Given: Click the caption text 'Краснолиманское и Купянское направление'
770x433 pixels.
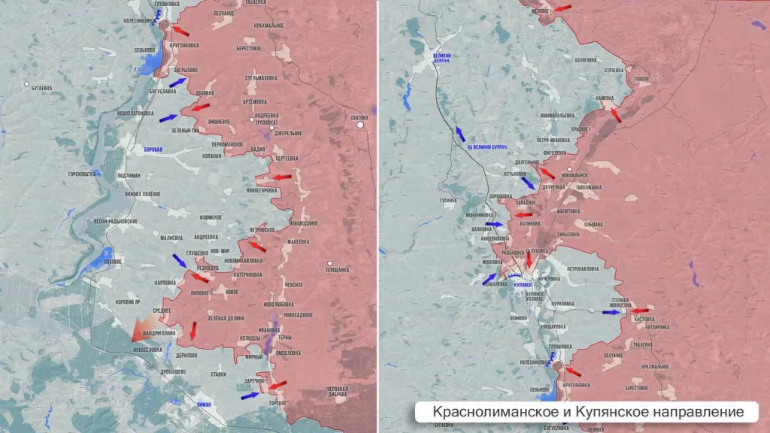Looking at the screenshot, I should (x=588, y=412).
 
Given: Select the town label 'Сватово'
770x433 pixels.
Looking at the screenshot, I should (x=359, y=118).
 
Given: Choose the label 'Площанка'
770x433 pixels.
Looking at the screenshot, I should (x=338, y=269).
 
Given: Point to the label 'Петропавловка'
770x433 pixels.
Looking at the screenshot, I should (x=582, y=268).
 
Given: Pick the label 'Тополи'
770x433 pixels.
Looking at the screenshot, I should (x=641, y=78).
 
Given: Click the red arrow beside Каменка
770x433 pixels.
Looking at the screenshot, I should (x=616, y=114).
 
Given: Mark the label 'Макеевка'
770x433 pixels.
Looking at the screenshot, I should (x=298, y=241).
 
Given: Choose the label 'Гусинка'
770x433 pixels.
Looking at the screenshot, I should (x=448, y=201).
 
